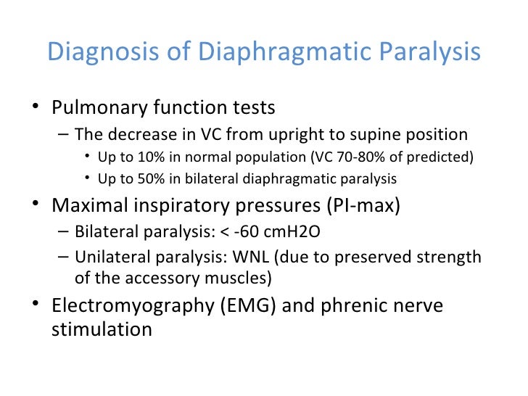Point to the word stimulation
[x=102, y=329]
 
